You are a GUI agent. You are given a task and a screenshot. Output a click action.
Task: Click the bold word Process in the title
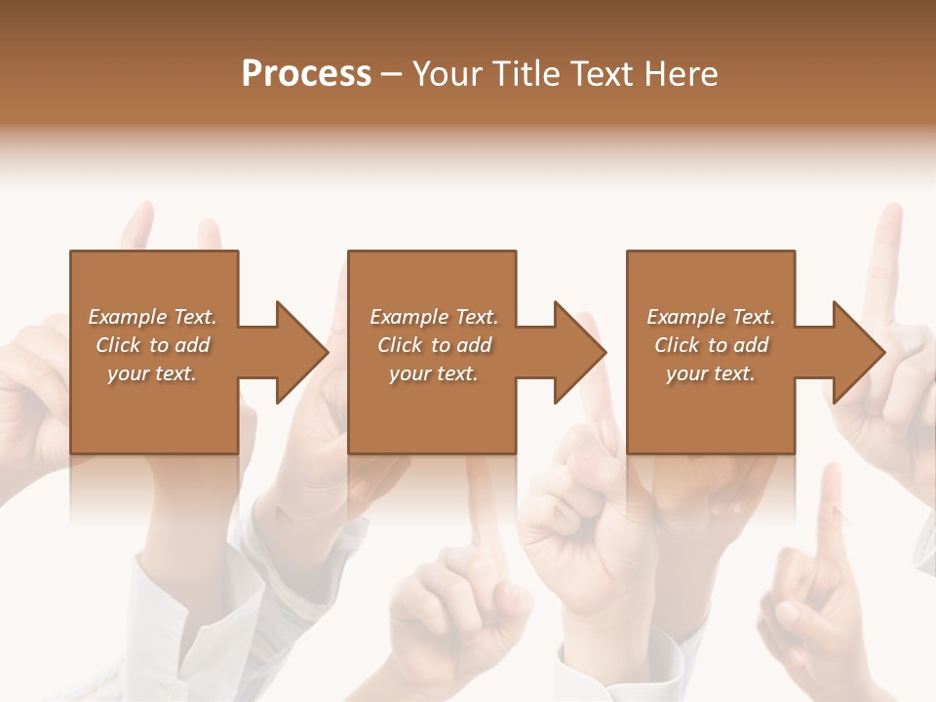[x=306, y=74]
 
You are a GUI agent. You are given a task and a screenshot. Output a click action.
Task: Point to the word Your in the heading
[x=449, y=74]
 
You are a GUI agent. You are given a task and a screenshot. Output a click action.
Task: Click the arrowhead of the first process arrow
[x=302, y=352]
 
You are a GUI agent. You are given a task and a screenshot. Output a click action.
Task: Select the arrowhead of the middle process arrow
[x=580, y=352]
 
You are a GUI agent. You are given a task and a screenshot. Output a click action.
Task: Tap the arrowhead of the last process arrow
[x=859, y=352]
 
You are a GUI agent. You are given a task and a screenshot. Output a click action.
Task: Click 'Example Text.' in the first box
[x=152, y=317]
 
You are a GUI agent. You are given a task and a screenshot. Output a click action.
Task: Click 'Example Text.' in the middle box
[x=434, y=317]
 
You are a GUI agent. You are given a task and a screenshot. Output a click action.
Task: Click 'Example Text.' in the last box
[x=711, y=317]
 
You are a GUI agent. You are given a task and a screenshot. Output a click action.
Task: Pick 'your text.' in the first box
[x=152, y=373]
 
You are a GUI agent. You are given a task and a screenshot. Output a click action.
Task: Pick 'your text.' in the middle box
[x=434, y=373]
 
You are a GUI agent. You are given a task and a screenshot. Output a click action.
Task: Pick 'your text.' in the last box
[x=711, y=373]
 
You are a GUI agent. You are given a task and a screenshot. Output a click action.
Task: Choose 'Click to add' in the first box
[x=152, y=345]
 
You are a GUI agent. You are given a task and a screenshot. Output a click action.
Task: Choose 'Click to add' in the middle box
[x=434, y=345]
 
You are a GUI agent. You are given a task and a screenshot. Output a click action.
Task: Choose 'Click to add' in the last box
[x=711, y=345]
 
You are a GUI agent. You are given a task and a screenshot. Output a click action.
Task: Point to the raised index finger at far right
[x=888, y=253]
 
